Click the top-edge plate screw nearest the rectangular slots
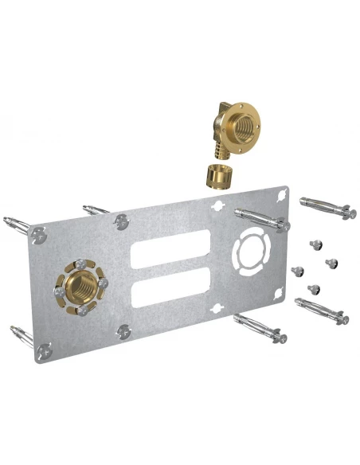point(120,221)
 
